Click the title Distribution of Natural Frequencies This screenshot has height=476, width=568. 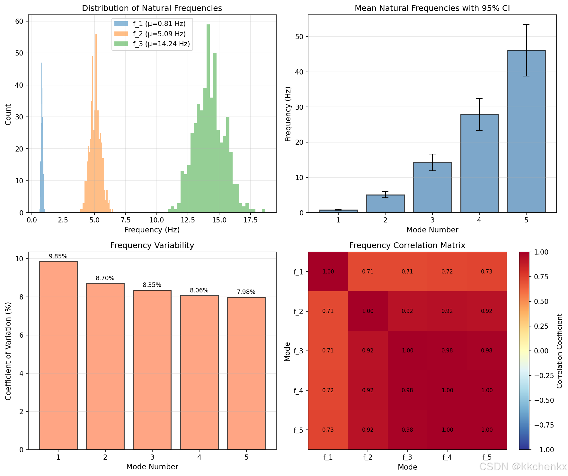click(152, 8)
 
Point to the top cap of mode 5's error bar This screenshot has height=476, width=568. click(526, 25)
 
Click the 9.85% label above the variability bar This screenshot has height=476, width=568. click(58, 256)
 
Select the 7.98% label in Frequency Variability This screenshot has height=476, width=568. click(246, 292)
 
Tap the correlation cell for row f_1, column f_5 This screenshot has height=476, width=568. click(487, 272)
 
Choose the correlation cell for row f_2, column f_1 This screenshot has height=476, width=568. click(328, 311)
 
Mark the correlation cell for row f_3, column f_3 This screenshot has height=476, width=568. click(407, 351)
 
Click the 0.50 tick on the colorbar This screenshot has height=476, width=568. click(541, 301)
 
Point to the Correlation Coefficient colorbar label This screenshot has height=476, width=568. click(560, 351)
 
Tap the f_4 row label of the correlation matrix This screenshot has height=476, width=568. click(298, 391)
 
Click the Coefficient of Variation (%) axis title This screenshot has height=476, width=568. click(8, 351)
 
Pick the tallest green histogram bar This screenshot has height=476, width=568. click(208, 118)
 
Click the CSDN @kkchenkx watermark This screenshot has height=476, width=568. click(523, 467)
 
